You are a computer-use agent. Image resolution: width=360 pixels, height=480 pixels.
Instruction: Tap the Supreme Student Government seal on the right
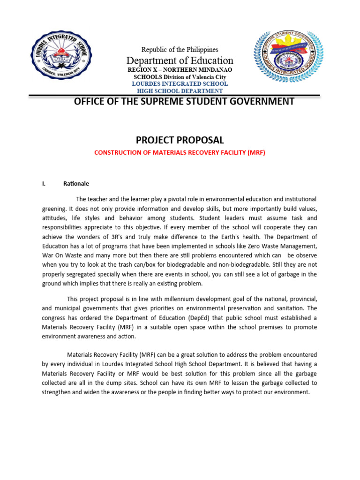point(288,57)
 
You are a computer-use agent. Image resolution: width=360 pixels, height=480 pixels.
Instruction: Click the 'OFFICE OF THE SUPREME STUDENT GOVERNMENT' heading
point(184,102)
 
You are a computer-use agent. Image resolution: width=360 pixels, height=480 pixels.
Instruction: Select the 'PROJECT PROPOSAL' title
point(180,140)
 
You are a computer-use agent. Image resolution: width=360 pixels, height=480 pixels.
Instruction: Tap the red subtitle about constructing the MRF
point(180,153)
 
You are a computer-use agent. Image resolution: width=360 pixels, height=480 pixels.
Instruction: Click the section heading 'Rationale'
point(76,183)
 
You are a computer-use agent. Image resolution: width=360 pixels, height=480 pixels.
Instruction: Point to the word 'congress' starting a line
point(54,317)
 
